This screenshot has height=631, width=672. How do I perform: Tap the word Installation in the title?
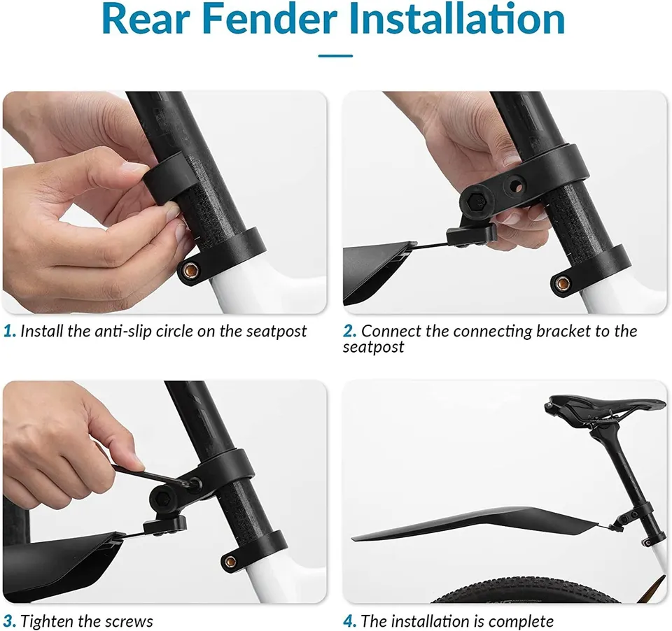click(x=457, y=19)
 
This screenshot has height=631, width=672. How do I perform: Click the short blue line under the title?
click(x=335, y=56)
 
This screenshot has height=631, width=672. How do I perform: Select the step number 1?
click(x=9, y=331)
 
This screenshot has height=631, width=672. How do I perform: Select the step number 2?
click(x=349, y=331)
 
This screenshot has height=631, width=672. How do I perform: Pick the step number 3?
click(x=9, y=621)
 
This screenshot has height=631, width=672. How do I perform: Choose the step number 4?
click(x=349, y=621)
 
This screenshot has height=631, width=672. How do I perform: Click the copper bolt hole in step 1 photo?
click(x=190, y=271)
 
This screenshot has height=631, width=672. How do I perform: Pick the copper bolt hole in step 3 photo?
click(x=230, y=561)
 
